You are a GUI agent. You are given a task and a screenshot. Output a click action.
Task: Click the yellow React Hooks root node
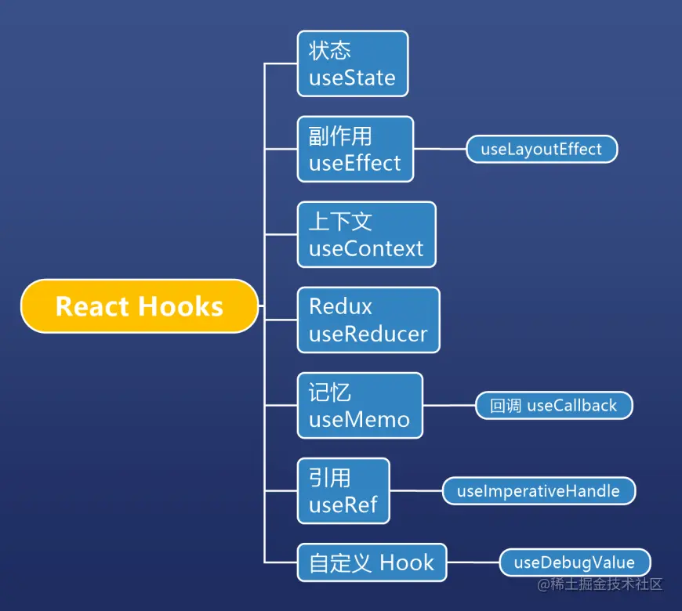[139, 306]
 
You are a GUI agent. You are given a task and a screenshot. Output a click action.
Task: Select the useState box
[353, 63]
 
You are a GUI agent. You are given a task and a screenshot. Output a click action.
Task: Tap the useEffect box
[355, 149]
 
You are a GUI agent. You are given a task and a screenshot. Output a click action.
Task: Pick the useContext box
[366, 234]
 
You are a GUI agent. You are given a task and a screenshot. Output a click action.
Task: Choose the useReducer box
[368, 320]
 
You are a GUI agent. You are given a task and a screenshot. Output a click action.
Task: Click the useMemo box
[360, 405]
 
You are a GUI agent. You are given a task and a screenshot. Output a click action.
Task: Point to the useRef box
[343, 491]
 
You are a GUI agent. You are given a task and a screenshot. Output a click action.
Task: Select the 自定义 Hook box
[372, 562]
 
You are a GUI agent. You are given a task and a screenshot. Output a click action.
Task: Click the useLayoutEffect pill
[542, 149]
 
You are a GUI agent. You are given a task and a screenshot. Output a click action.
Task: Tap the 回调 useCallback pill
[553, 406]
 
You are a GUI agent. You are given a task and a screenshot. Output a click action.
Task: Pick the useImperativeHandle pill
[539, 491]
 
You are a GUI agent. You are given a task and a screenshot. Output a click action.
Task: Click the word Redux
[340, 306]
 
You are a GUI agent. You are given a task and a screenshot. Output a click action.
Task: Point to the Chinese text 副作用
[340, 136]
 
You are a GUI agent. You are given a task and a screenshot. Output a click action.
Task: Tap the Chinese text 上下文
[340, 221]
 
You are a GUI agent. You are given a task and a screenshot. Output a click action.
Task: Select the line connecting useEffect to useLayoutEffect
[440, 149]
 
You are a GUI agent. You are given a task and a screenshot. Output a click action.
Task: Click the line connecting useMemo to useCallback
[449, 406]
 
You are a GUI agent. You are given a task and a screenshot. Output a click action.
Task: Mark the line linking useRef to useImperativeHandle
[416, 491]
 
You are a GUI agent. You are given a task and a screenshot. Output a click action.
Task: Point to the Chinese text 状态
[329, 51]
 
